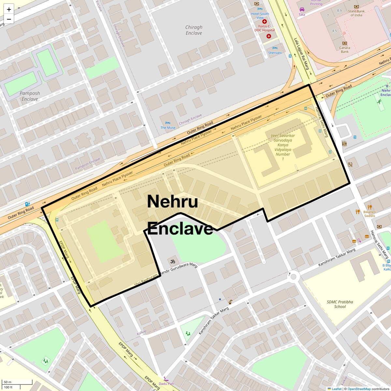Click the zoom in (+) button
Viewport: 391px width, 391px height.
click(x=9, y=9)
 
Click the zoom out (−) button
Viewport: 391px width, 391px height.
click(x=9, y=19)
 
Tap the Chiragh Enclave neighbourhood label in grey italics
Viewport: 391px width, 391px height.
click(x=194, y=30)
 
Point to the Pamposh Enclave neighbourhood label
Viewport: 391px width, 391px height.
click(x=30, y=96)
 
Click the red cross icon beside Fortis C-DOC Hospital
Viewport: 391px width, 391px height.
click(x=269, y=36)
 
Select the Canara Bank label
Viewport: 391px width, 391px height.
click(x=345, y=50)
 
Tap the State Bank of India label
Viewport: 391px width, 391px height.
click(x=356, y=13)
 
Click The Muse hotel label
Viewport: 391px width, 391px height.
click(x=168, y=128)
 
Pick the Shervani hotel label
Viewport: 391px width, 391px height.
click(x=275, y=53)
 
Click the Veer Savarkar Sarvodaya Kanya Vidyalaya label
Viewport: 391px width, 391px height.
click(x=283, y=147)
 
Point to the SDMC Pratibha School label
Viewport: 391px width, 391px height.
click(x=340, y=304)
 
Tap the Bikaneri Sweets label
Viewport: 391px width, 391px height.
click(x=370, y=214)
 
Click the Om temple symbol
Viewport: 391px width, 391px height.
click(x=171, y=261)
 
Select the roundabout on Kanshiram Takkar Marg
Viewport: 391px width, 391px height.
click(x=293, y=277)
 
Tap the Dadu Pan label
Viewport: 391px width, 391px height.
click(x=166, y=384)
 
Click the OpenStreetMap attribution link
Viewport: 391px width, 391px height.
click(x=359, y=389)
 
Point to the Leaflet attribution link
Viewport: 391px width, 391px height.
click(x=337, y=389)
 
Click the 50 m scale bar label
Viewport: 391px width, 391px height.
click(x=7, y=382)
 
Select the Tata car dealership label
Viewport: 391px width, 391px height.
click(x=302, y=14)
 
